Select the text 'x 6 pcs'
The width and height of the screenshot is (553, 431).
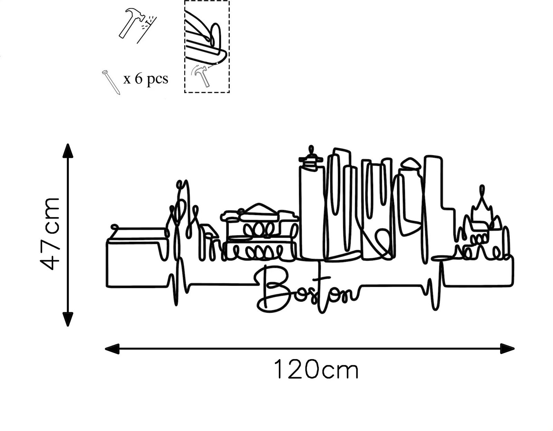click(x=146, y=79)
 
